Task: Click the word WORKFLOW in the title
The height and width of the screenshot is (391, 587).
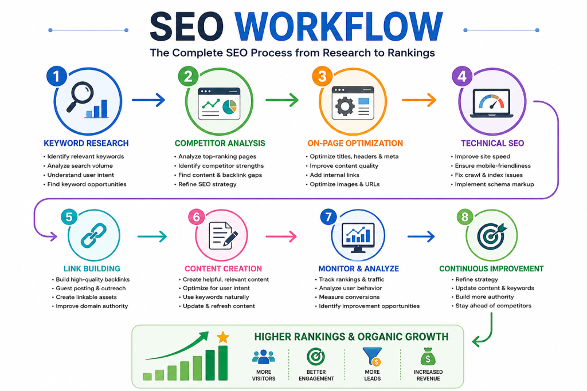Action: coord(338,26)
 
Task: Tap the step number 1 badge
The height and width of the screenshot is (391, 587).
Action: coord(57,76)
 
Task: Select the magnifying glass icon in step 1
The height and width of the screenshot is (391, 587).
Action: coord(80,96)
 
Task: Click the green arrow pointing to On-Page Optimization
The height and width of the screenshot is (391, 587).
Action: coord(282,100)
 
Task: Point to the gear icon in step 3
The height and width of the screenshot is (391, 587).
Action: coord(345,106)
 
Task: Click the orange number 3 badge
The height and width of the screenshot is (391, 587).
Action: coord(322,76)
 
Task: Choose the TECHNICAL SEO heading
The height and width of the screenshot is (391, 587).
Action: coord(492,143)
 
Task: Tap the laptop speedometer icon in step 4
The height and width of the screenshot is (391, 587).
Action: coord(491,104)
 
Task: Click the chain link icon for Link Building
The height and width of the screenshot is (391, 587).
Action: coord(93,235)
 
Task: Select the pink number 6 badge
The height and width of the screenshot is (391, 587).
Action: coord(196,217)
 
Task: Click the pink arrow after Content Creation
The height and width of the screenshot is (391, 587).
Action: coord(281,236)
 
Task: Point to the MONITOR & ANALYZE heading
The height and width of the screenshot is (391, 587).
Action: coord(358,268)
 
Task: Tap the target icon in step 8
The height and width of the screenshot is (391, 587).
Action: coord(491,236)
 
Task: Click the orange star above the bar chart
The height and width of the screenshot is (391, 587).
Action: coord(223,337)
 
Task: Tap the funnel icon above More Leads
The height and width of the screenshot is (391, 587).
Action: coord(373,356)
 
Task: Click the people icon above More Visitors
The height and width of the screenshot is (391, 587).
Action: coord(264,357)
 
